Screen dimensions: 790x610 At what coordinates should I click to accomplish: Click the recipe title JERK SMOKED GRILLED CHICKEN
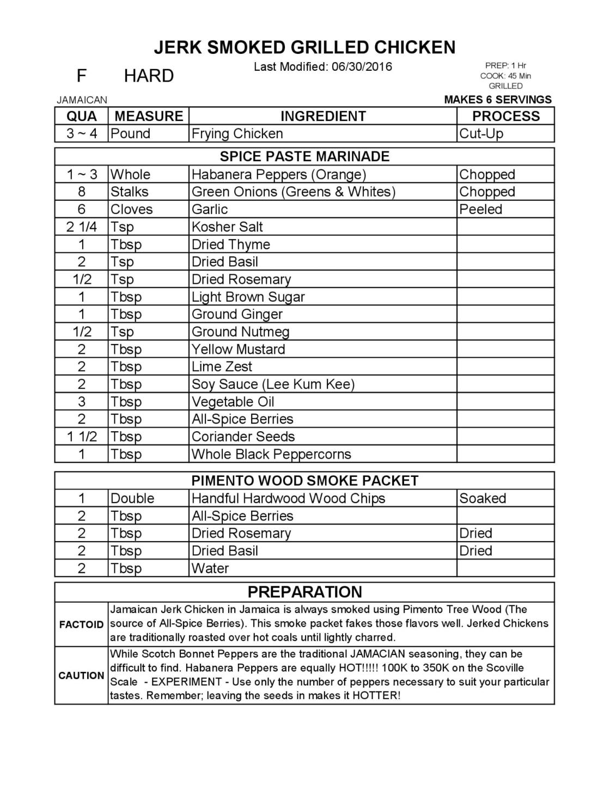pos(304,47)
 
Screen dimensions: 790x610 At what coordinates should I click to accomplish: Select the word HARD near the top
pos(149,76)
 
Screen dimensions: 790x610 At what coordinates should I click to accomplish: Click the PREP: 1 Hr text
pos(505,66)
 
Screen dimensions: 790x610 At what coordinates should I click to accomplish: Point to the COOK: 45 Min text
pos(505,76)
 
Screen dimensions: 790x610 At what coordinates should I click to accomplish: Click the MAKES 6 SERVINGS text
pos(498,100)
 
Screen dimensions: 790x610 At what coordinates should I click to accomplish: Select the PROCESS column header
pos(505,116)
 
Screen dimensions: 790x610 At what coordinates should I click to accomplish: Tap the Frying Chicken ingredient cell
pos(237,133)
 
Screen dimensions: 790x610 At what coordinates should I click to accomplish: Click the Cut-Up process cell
pos(481,133)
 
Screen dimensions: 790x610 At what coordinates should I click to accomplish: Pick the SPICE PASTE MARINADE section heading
pos(304,157)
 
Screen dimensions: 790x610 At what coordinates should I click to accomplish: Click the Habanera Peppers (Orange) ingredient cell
pos(279,174)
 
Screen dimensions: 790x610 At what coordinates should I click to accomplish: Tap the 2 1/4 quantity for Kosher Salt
pos(82,226)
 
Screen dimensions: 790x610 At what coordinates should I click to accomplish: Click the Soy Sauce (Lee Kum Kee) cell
pos(273,384)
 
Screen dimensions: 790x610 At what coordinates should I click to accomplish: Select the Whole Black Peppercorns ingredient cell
pos(271,454)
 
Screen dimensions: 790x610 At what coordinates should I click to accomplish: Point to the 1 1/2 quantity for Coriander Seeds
pos(82,437)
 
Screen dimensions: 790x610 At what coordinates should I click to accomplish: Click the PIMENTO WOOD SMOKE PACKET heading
pos(304,481)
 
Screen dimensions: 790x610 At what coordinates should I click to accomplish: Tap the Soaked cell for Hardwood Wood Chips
pos(483,498)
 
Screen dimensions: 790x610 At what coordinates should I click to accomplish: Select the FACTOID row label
pos(81,624)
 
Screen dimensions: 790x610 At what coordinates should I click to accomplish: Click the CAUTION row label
pos(81,676)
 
